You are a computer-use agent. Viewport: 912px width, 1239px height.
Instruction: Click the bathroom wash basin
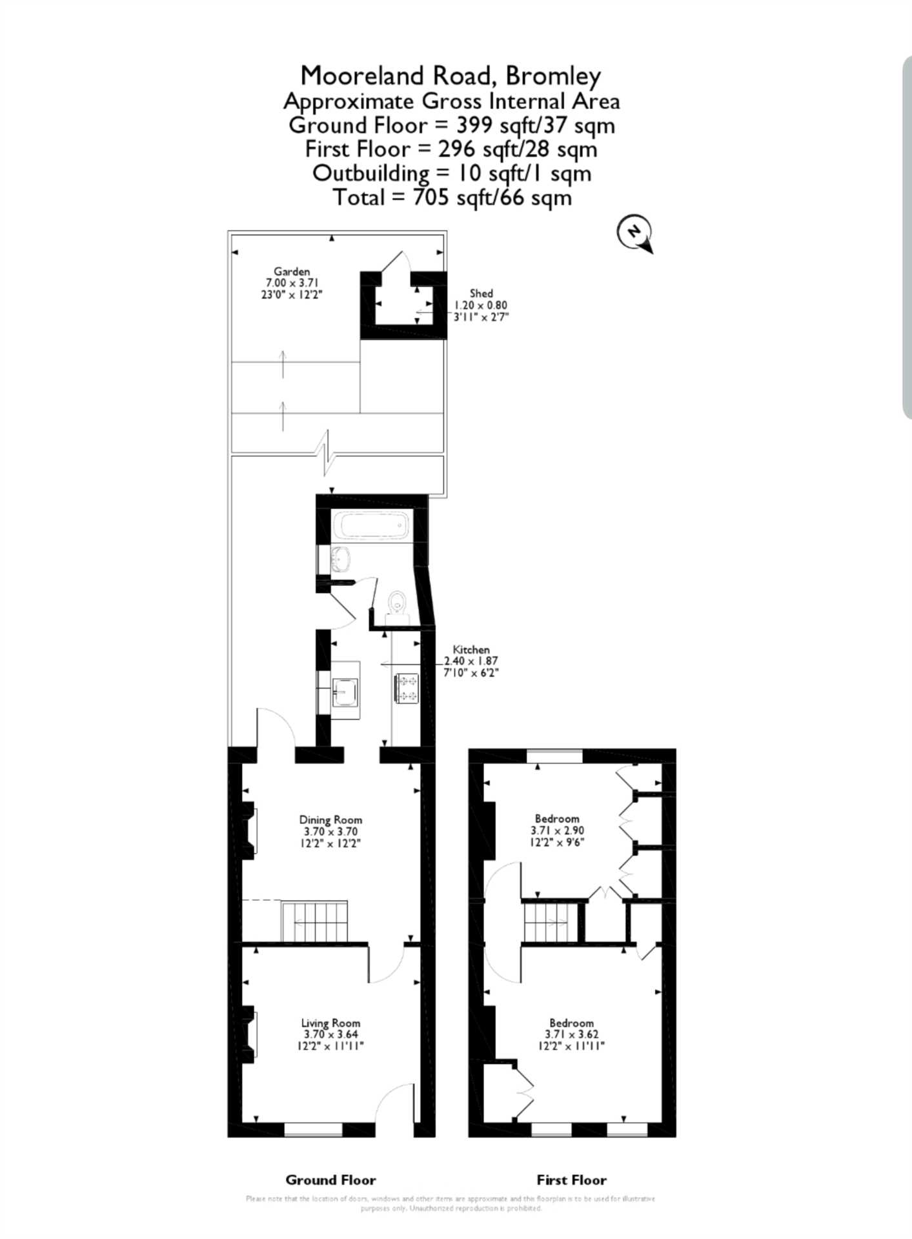click(x=340, y=559)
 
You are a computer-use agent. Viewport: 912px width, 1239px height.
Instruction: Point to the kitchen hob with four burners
click(x=407, y=688)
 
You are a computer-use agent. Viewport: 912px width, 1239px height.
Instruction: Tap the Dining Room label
click(x=330, y=820)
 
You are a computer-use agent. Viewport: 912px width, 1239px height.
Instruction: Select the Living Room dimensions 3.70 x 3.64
click(x=330, y=1034)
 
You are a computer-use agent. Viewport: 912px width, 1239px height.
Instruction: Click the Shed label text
click(x=481, y=293)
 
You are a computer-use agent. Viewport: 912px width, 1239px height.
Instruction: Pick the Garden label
click(x=292, y=272)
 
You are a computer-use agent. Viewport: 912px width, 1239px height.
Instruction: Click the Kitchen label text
click(x=471, y=649)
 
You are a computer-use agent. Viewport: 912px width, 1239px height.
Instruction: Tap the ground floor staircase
click(x=314, y=922)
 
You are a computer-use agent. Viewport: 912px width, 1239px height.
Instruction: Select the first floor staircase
click(x=550, y=922)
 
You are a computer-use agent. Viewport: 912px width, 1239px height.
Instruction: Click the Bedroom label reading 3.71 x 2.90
click(x=557, y=830)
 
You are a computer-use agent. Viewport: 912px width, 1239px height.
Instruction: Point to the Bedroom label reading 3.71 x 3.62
click(x=571, y=1034)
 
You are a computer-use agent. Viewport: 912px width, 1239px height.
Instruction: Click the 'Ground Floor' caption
click(x=330, y=1180)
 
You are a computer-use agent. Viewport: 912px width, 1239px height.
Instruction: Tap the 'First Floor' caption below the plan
click(x=571, y=1180)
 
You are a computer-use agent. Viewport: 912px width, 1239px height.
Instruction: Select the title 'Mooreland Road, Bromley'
click(x=451, y=76)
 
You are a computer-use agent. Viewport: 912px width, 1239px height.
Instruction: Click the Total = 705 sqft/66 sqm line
click(x=452, y=197)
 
